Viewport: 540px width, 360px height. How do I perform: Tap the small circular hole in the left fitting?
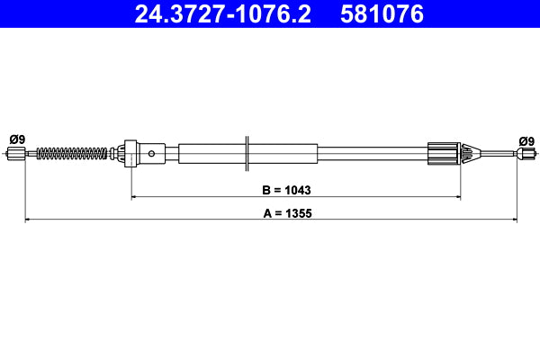152,154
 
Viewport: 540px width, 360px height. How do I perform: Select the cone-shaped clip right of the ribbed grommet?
467,154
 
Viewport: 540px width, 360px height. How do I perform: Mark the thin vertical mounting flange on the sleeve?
246,154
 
